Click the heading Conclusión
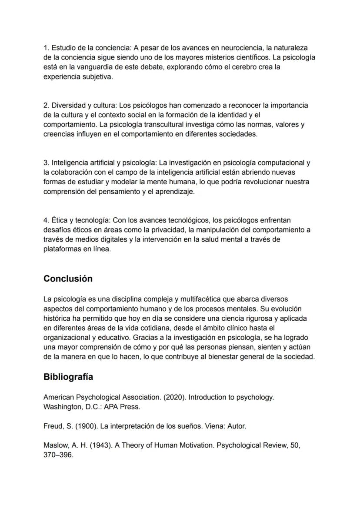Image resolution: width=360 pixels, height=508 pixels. click(x=68, y=279)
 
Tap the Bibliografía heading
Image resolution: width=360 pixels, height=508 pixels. click(x=68, y=377)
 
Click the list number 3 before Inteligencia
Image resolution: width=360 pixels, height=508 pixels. click(x=46, y=163)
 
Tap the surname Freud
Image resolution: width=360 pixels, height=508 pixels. click(x=53, y=426)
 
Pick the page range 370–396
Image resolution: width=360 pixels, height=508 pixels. click(x=58, y=455)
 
